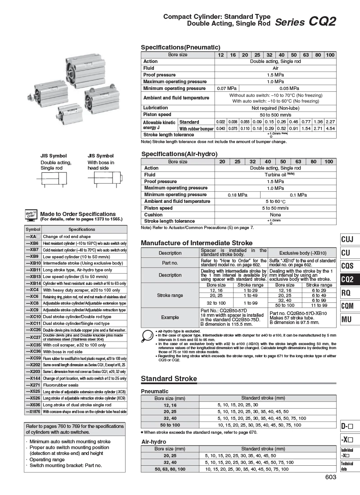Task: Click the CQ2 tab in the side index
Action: pyautogui.click(x=347, y=279)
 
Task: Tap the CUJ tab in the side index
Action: pyautogui.click(x=347, y=239)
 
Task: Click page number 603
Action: pyautogui.click(x=330, y=478)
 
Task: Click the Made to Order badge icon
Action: pyautogui.click(x=31, y=216)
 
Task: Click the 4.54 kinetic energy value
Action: pyautogui.click(x=330, y=128)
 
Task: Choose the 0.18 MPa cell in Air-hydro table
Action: pyautogui.click(x=238, y=195)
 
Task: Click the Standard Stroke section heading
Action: pyautogui.click(x=169, y=378)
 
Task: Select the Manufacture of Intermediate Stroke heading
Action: pyautogui.click(x=197, y=243)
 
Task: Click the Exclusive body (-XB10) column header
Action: pyautogui.click(x=302, y=253)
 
